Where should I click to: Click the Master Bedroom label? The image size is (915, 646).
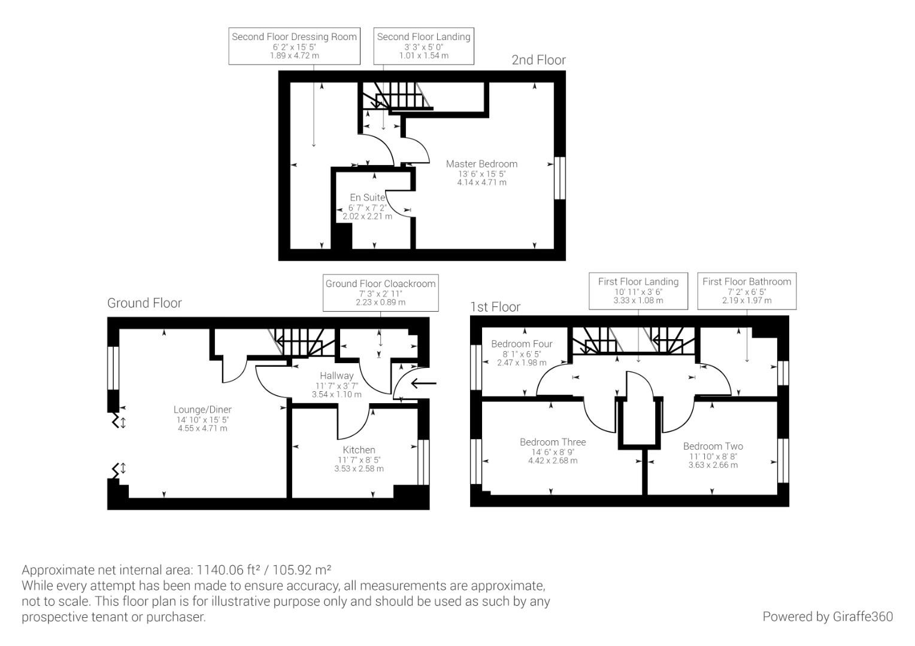481,164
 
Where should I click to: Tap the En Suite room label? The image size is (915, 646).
367,197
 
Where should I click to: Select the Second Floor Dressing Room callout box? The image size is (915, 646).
294,45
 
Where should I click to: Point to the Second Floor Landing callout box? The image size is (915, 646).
423,45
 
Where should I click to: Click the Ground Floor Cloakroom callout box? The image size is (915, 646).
380,292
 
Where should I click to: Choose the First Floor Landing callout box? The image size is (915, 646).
638,291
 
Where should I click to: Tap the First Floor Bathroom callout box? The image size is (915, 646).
746,291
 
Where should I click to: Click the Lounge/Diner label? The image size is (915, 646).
202,410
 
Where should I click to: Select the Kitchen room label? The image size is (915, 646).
359,450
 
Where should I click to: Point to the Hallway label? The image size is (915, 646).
336,376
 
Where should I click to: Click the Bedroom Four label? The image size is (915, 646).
522,344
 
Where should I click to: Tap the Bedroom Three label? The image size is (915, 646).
553,442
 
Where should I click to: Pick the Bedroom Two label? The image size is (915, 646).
713,446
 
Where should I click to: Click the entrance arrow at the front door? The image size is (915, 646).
424,383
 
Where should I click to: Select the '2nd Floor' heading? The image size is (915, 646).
538,60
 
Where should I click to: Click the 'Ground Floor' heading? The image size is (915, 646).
144,303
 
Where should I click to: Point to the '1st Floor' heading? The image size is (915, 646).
495,307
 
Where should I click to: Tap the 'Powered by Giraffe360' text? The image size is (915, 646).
827,617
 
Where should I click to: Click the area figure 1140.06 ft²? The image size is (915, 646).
226,569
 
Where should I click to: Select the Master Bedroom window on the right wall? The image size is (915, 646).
559,178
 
